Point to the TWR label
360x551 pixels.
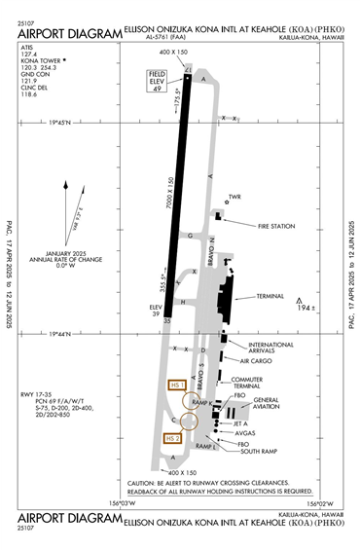point(234,197)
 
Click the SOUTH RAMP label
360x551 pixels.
point(259,451)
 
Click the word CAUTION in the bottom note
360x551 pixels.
point(143,482)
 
